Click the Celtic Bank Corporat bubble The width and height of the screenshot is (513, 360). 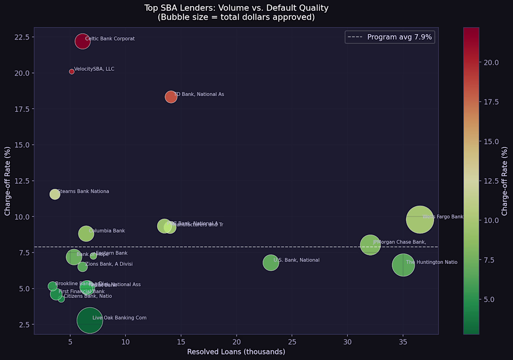coord(82,41)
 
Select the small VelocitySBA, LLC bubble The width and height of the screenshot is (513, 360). coord(72,71)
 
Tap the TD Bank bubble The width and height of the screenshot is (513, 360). coord(171,97)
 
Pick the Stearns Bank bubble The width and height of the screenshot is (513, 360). coord(55,194)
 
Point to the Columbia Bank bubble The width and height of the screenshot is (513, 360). coord(86,234)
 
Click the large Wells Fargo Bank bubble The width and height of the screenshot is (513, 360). coord(420,219)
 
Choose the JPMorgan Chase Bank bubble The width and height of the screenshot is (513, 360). coord(370,245)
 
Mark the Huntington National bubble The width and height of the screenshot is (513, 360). coord(403,265)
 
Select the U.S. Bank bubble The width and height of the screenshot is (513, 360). coord(270,263)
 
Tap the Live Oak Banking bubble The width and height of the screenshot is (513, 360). coord(90,320)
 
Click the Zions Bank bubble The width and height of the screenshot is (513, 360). coord(83,267)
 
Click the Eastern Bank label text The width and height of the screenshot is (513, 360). coord(111,253)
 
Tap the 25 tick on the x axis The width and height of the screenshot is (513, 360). coord(292,342)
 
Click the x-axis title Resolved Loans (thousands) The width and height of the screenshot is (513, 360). coord(236,352)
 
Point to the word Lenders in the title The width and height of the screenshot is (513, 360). coord(198,8)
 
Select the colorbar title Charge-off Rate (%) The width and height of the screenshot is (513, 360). coord(505,181)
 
